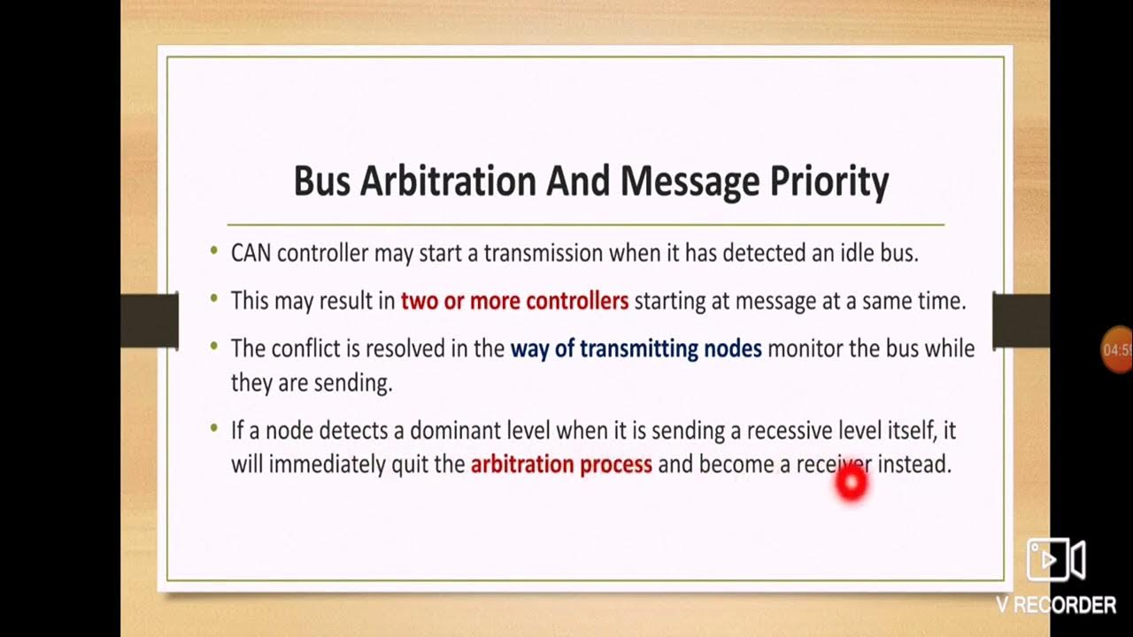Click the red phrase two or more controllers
click(514, 301)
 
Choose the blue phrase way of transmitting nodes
click(636, 349)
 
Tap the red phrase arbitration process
click(561, 464)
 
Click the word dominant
click(455, 431)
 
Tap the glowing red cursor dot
click(852, 484)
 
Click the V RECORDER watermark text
click(1055, 605)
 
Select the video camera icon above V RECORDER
click(1055, 559)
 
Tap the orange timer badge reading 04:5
click(1116, 350)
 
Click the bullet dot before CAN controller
click(214, 251)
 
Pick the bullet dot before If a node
click(214, 429)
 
